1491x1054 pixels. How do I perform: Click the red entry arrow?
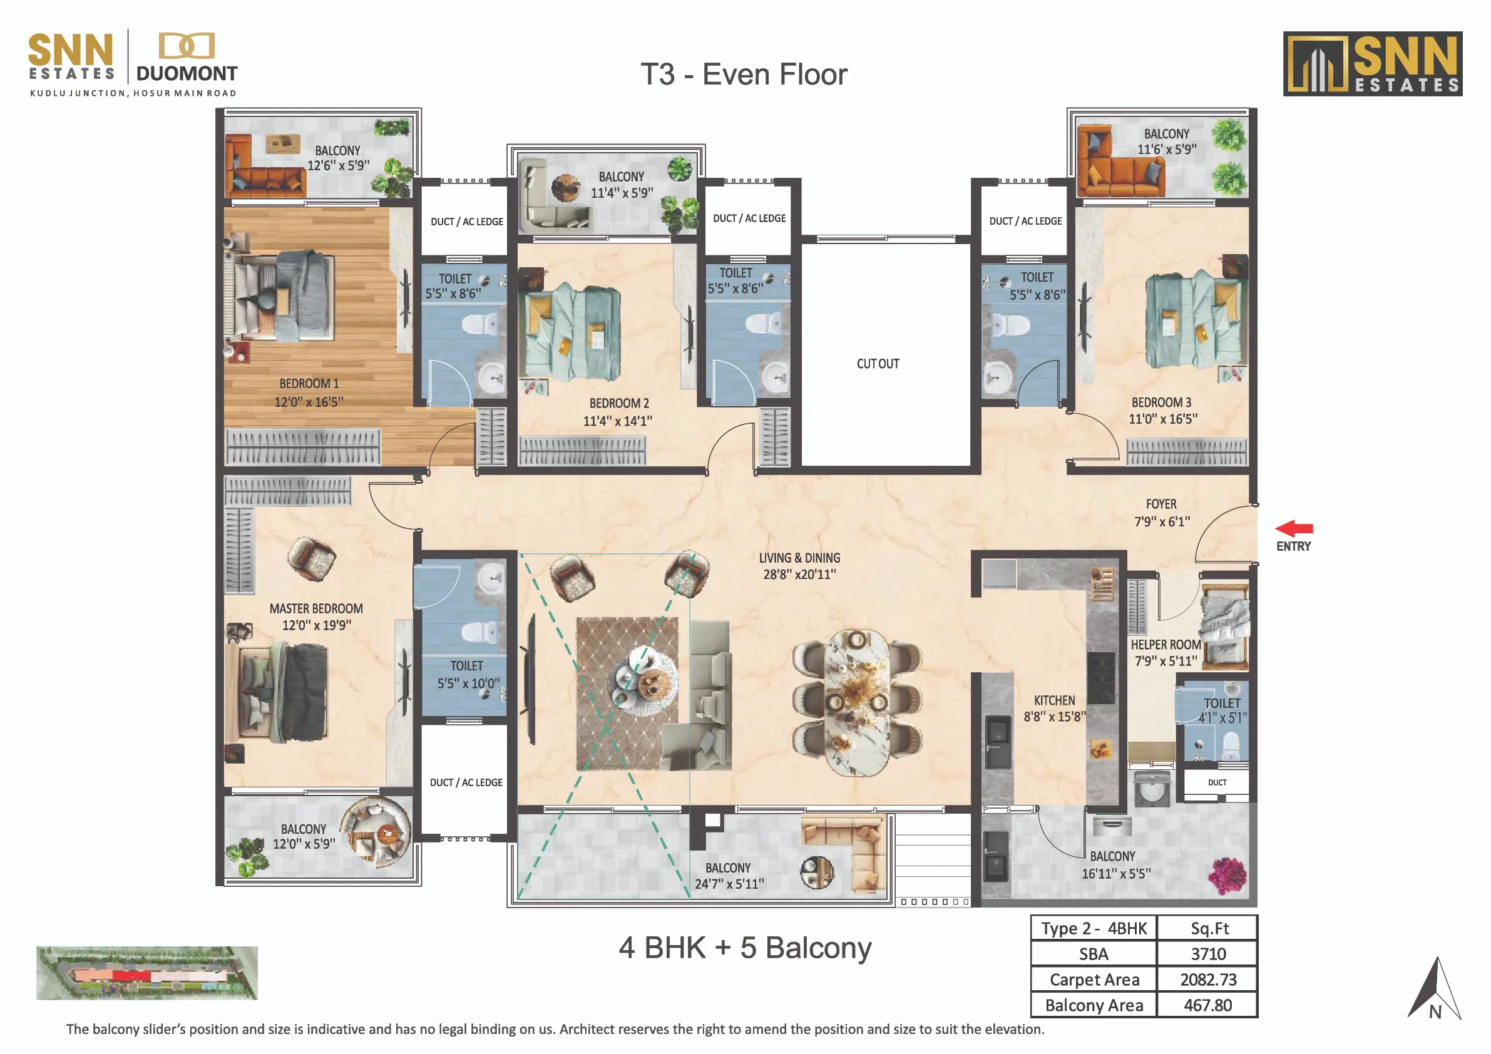point(1294,529)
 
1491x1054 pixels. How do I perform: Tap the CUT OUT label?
point(878,364)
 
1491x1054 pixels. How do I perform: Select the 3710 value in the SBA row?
point(1209,954)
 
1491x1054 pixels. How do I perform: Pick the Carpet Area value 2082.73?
point(1209,980)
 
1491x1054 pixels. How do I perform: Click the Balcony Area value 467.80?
point(1208,1005)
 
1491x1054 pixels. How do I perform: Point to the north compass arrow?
point(1436,988)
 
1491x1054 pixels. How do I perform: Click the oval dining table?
point(856,703)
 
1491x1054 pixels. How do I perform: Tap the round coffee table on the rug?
point(643,679)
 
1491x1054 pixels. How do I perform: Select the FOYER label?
point(1161,504)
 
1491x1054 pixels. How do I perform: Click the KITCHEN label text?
point(1055,701)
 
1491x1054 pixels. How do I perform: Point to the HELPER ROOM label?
point(1166,645)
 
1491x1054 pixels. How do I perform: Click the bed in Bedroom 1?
point(280,296)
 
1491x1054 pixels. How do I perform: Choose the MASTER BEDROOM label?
point(316,608)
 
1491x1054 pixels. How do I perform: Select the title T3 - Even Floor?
point(744,74)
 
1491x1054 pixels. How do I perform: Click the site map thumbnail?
point(146,973)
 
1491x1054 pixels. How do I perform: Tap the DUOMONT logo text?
point(187,73)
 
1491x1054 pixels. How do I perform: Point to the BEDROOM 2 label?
point(619,403)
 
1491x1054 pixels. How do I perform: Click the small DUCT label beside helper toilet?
point(1217,782)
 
